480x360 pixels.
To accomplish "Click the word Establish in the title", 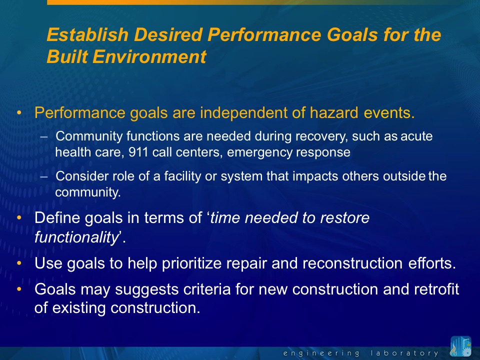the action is coord(87,34).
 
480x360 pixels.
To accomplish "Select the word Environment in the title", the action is coord(149,56).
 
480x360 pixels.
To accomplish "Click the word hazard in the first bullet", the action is coord(333,112).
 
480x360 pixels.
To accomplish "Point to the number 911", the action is coord(138,152).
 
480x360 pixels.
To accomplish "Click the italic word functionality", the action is coord(76,237).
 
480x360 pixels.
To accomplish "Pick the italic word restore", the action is coord(344,217).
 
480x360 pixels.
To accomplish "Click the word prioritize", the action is coord(191,263).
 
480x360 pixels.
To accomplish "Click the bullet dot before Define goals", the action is coord(19,217).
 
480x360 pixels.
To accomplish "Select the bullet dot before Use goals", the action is coord(19,263).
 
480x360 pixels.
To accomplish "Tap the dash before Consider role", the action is coord(44,176).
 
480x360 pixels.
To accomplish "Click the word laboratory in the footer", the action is coord(404,353).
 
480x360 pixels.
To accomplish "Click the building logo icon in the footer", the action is coord(460,346).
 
